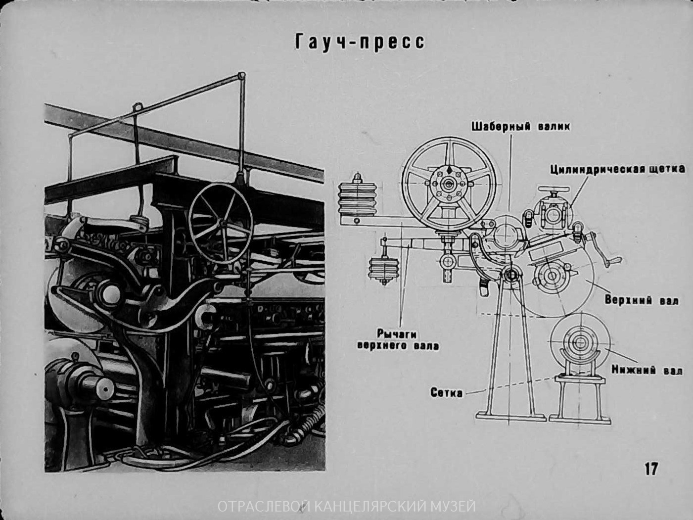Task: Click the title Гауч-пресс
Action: (360, 43)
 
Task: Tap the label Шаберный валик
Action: (521, 127)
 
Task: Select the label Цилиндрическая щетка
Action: (617, 169)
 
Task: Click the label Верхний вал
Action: (642, 299)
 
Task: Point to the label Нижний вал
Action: (647, 370)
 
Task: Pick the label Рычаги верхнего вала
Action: (398, 339)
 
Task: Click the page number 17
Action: (651, 477)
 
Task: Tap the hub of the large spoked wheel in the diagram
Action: (448, 184)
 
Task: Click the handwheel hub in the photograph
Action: (223, 224)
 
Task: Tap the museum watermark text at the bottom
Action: (346, 507)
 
